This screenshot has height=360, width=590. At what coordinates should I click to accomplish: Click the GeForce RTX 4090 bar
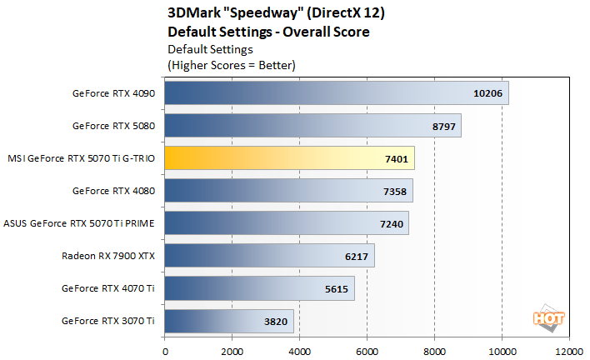coord(336,93)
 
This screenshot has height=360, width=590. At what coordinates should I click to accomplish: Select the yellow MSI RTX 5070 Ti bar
coord(289,158)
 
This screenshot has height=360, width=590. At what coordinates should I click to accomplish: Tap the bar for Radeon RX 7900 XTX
coord(269,256)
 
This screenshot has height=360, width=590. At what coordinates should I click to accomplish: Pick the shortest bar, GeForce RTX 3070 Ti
coord(229,321)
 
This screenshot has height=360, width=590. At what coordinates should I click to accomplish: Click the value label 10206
coord(487,93)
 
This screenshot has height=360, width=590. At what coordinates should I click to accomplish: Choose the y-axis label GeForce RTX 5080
coord(114,126)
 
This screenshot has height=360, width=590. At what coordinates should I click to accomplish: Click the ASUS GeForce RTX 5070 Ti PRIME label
coord(80,223)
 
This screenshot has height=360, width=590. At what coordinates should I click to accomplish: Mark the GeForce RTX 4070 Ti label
coord(109,288)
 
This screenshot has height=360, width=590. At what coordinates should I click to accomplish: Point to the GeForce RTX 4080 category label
coord(114,191)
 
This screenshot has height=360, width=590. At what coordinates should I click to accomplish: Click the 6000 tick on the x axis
coord(367,351)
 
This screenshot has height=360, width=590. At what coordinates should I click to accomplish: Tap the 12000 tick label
coord(569,351)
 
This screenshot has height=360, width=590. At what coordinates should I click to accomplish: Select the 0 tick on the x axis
coord(165,351)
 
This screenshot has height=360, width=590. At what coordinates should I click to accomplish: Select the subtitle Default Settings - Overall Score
coord(268,32)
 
